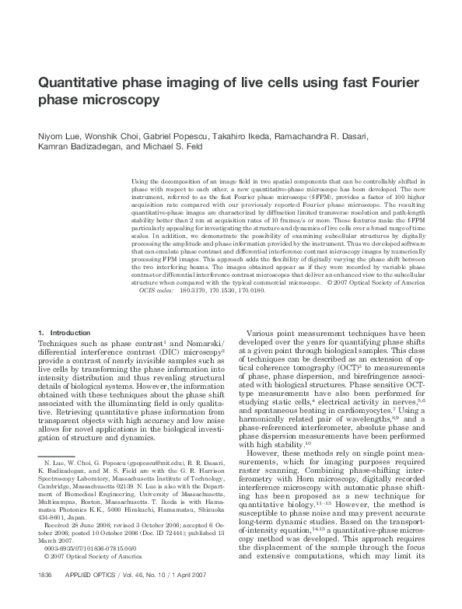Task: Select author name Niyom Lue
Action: pyautogui.click(x=59, y=136)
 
